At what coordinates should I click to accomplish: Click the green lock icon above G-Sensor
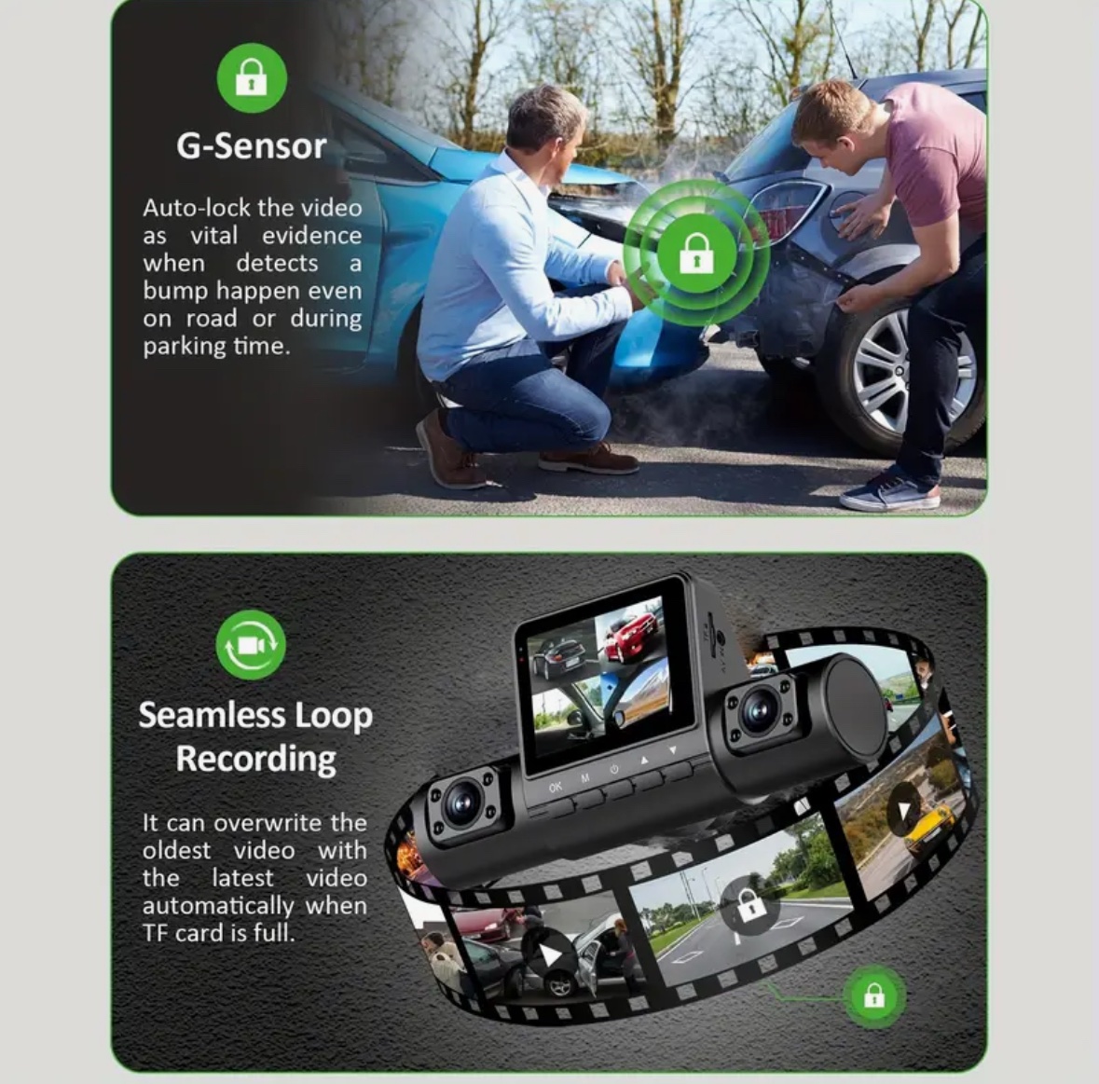click(252, 77)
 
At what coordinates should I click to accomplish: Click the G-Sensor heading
click(252, 145)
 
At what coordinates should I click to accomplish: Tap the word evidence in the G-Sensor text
click(312, 236)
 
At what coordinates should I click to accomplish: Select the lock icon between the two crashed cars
click(696, 253)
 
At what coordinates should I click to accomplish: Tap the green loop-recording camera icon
click(251, 645)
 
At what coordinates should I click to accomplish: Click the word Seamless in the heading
click(212, 715)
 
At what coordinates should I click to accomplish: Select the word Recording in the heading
click(255, 759)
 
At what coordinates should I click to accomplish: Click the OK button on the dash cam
click(556, 788)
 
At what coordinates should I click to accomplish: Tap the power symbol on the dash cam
click(614, 770)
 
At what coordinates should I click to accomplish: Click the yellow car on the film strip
click(929, 826)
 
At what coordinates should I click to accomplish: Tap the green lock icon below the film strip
click(873, 995)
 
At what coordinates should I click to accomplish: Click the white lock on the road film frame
click(751, 908)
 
